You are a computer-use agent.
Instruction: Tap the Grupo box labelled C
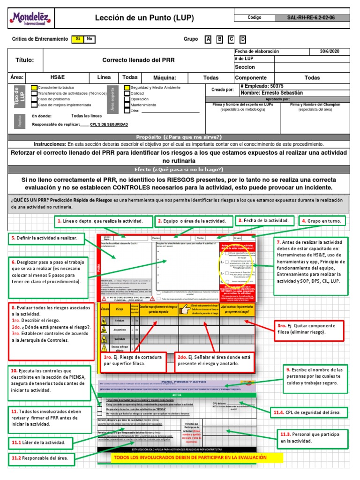[x=231, y=39]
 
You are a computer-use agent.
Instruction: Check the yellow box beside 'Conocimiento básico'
[x=34, y=88]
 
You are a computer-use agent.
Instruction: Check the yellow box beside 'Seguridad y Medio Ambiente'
[x=127, y=88]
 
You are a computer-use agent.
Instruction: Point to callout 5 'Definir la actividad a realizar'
[x=46, y=239]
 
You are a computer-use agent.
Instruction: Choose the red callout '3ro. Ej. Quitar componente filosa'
[x=310, y=329]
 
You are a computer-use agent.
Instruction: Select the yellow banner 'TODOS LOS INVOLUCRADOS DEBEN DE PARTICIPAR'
[x=190, y=457]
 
